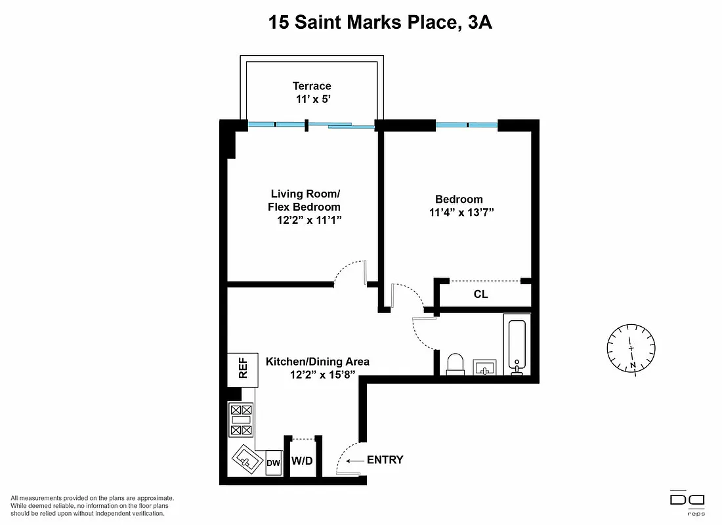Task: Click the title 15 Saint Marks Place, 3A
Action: coord(380,23)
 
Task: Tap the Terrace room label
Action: coord(312,86)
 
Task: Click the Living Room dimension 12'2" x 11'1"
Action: coord(308,220)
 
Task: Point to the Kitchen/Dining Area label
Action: coord(317,362)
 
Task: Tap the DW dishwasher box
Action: coord(274,463)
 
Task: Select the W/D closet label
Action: coord(302,461)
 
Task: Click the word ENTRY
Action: coord(385,460)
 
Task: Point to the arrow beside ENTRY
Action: coord(355,461)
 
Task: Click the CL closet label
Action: coord(480,295)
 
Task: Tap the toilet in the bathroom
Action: coord(455,364)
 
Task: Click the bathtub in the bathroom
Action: coord(517,345)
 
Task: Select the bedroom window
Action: coord(467,124)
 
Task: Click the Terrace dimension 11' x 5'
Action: coord(312,99)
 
